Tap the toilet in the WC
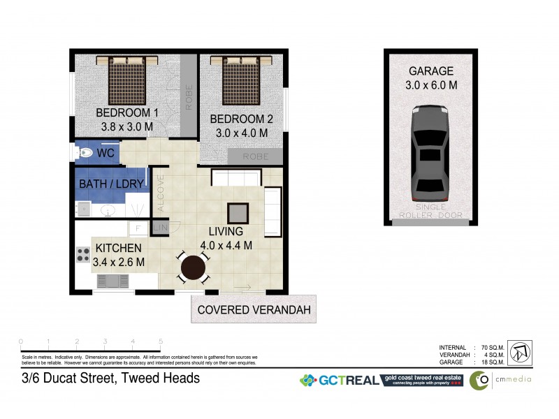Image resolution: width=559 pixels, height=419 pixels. (85, 152)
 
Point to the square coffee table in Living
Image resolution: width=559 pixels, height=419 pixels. (238, 212)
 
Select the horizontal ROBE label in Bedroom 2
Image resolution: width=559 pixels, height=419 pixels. (255, 157)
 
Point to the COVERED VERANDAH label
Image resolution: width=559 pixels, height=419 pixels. (253, 309)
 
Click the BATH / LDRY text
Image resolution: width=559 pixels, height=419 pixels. (111, 184)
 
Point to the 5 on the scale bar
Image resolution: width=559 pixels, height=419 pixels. (161, 341)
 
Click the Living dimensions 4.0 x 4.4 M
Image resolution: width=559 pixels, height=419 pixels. (226, 244)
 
